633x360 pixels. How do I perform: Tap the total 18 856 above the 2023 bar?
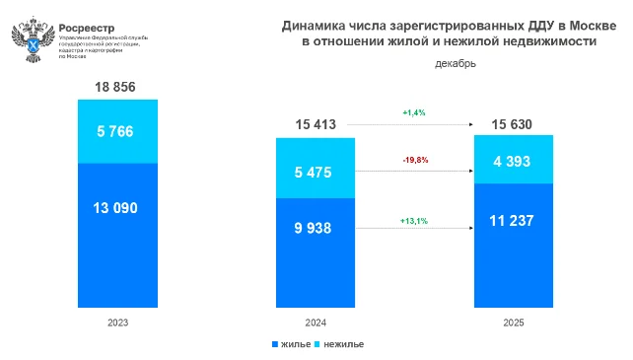(117, 87)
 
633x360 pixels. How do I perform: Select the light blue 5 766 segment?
(117, 131)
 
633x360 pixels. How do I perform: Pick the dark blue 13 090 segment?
(117, 208)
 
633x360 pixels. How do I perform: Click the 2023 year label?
(117, 324)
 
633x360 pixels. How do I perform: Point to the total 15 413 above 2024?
(316, 124)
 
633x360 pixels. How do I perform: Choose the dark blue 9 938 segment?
(316, 229)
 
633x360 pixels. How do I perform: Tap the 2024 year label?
(316, 324)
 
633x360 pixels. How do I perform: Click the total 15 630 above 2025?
(513, 124)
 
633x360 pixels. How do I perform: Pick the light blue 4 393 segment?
(513, 158)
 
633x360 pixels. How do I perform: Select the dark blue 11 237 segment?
(513, 220)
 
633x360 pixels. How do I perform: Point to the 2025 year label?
(513, 324)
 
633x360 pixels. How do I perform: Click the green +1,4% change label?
(414, 113)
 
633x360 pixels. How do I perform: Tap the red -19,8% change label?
(414, 160)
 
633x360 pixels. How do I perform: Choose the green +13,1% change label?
(414, 220)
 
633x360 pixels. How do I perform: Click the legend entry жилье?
(293, 344)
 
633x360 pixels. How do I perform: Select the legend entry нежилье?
(341, 344)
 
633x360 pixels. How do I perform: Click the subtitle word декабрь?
(455, 65)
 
